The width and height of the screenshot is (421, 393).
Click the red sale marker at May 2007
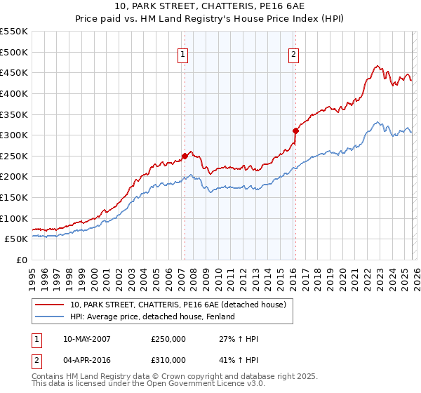click(x=185, y=156)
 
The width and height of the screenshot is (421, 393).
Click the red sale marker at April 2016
click(x=295, y=131)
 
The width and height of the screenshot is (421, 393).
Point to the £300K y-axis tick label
click(x=14, y=135)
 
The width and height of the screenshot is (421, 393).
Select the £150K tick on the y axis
click(x=14, y=197)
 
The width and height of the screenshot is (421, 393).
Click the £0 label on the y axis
click(x=21, y=260)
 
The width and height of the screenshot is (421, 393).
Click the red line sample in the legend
click(x=51, y=305)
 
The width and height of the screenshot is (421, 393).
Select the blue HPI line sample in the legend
click(x=51, y=317)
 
